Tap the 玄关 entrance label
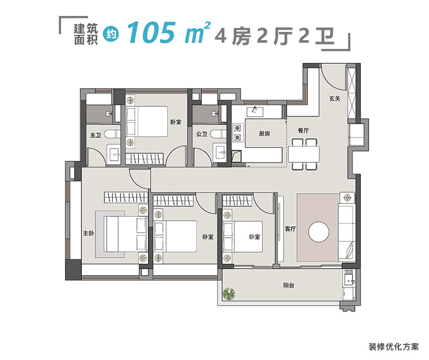335,99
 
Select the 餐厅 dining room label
304,130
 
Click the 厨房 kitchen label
265,134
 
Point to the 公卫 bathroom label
201,134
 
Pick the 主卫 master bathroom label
95,134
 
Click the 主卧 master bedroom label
88,233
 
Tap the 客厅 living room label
290,229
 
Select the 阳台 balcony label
289,285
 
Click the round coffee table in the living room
319,232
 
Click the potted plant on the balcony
228,295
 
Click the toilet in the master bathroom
113,134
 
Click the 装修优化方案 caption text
393,347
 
